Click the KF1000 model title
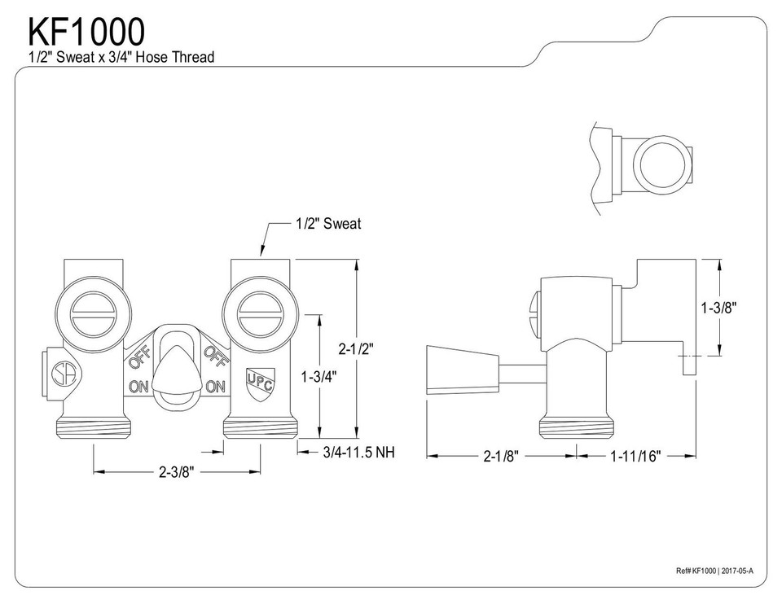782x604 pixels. coord(88,31)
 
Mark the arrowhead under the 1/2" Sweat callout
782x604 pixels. coord(261,253)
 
